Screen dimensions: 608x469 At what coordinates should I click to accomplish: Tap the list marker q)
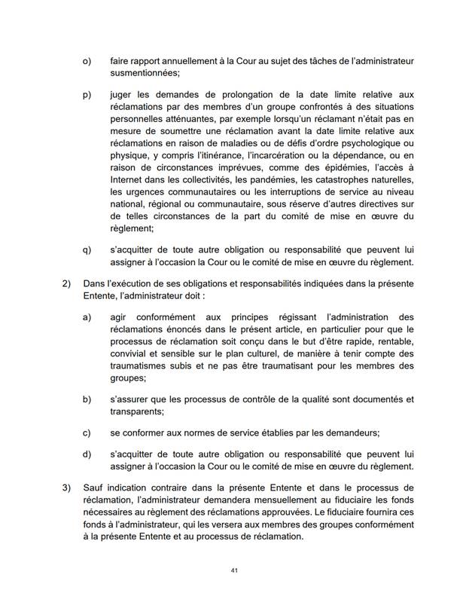[87, 249]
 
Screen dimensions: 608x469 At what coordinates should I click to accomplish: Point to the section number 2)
[65, 283]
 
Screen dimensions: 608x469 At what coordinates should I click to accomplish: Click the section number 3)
[65, 487]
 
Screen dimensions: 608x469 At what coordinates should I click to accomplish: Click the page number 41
[235, 571]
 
